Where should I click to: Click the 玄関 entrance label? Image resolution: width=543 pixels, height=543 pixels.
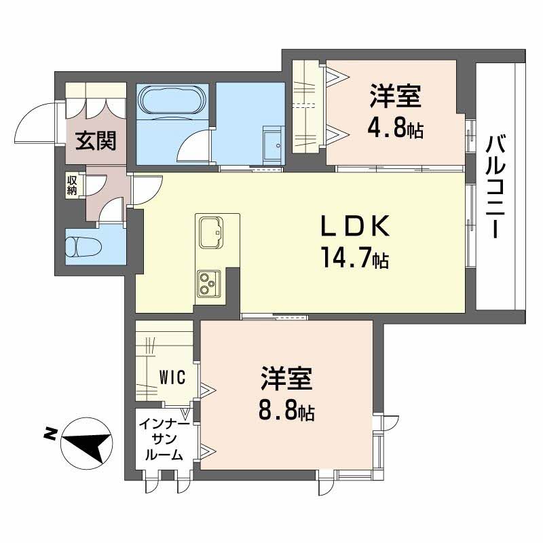click(96, 141)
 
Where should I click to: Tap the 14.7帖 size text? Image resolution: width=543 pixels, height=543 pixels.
click(354, 259)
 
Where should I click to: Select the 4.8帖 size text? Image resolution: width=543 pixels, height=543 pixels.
click(395, 128)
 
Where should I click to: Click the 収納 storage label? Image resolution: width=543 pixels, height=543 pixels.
click(72, 185)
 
